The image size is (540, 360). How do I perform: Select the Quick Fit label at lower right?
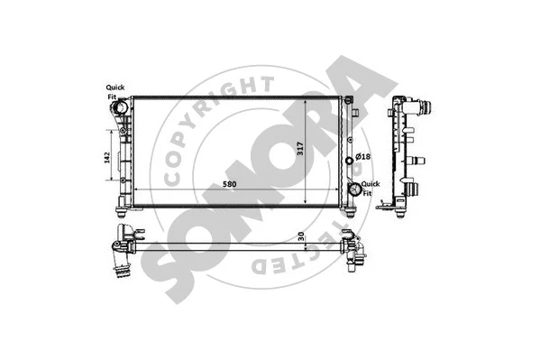(371, 187)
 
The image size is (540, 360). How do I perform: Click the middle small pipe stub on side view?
(417, 161)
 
